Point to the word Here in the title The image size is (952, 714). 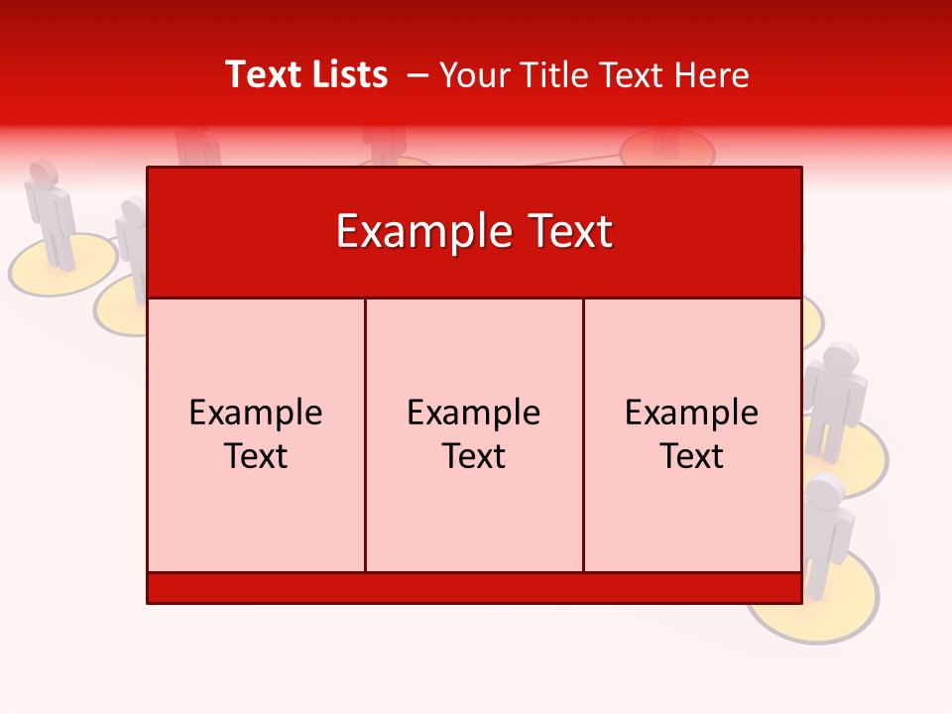[711, 75]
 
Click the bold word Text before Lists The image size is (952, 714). [262, 75]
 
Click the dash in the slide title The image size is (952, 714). [417, 75]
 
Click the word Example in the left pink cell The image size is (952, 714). [256, 413]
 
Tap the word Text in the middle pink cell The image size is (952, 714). [474, 456]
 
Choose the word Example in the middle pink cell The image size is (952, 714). [474, 413]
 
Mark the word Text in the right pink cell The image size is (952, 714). [692, 456]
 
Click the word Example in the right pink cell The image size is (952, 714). [692, 413]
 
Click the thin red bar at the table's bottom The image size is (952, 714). [474, 588]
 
